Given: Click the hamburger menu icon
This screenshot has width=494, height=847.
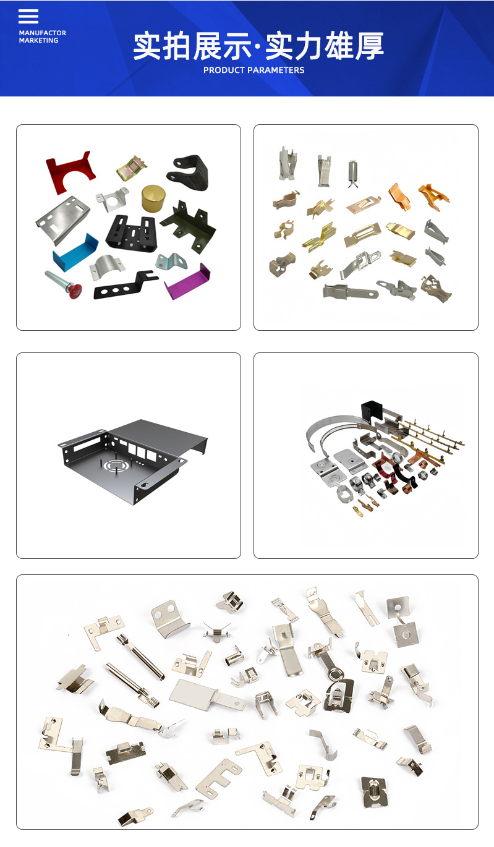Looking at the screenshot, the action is click(28, 16).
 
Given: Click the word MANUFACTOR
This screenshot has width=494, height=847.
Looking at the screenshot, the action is click(43, 33).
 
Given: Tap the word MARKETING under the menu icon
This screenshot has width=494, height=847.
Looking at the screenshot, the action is click(38, 40).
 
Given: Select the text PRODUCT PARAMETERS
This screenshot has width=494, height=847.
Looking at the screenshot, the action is click(254, 70).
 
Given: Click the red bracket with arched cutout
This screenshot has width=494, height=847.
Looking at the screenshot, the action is click(70, 172).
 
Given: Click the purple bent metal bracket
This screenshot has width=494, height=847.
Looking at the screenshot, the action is click(187, 281).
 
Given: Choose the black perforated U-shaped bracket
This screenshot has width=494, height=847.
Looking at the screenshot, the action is click(132, 232).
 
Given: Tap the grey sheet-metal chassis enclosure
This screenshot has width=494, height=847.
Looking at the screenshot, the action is click(133, 461).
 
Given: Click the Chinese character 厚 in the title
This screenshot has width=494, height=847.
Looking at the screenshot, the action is click(368, 46).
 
